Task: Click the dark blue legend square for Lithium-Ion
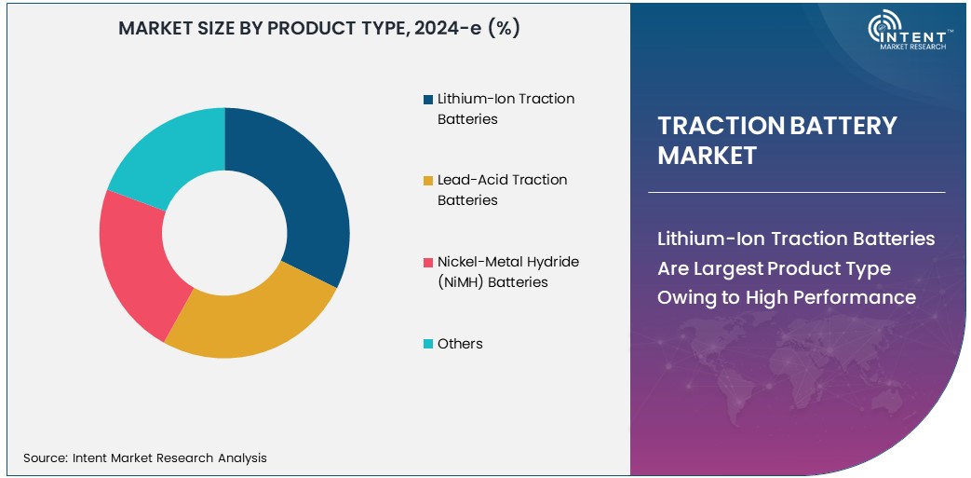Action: [427, 100]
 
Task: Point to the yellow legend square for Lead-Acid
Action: [427, 181]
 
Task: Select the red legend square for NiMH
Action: [427, 263]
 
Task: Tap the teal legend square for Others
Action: [427, 344]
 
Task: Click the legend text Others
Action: [460, 344]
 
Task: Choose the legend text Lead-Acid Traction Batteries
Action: [502, 190]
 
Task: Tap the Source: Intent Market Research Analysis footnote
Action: [145, 458]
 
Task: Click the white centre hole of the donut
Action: [223, 232]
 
